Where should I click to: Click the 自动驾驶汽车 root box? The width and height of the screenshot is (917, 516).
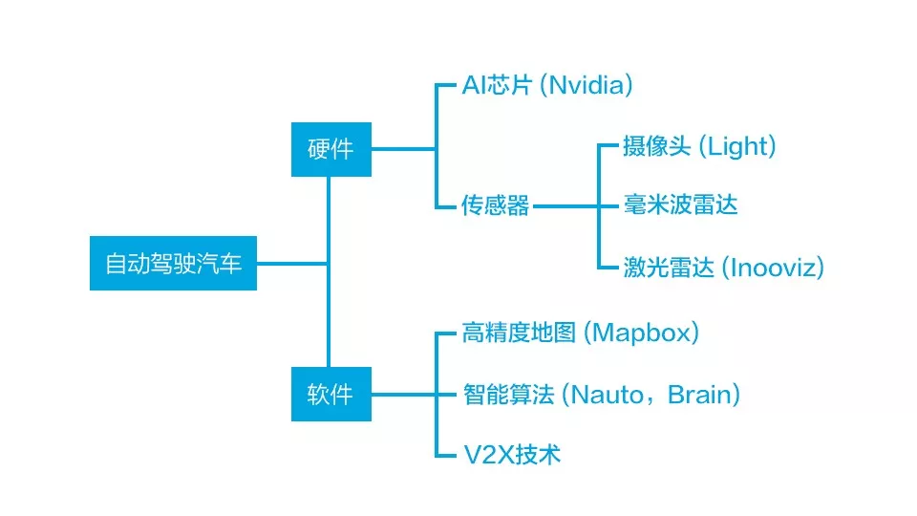[173, 263]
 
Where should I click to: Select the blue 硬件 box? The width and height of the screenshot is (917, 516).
[331, 148]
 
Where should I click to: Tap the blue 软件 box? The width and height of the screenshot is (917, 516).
[331, 393]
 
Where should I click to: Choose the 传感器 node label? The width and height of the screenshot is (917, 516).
[495, 205]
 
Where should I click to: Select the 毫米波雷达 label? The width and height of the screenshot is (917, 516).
[680, 204]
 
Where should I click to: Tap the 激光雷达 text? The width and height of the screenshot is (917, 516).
[669, 267]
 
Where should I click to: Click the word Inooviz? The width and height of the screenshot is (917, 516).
[772, 267]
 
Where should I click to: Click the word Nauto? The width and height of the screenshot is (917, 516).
[606, 394]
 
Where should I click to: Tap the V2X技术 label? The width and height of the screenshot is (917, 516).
[511, 454]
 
